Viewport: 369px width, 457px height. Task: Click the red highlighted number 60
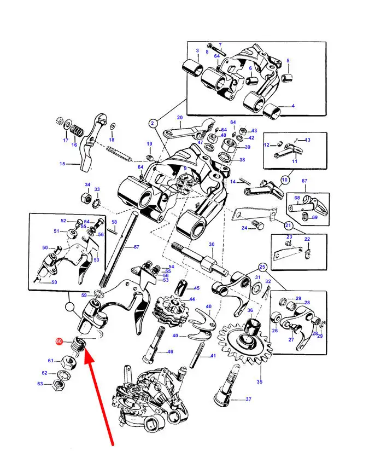point(59,341)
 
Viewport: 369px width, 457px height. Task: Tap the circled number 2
point(153,124)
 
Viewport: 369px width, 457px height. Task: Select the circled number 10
point(285,180)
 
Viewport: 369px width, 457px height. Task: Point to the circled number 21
point(288,225)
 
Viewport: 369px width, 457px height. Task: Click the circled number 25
point(262,267)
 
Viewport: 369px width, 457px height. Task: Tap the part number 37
point(248,399)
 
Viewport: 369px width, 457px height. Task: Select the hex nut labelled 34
point(84,198)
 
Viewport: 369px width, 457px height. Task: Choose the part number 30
point(212,244)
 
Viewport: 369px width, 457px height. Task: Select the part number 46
point(170,351)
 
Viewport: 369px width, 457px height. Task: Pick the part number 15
point(62,164)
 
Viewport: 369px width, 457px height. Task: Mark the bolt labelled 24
point(257,225)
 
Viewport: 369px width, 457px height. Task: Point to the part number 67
point(304,181)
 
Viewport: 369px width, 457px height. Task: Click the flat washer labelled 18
point(113,127)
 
